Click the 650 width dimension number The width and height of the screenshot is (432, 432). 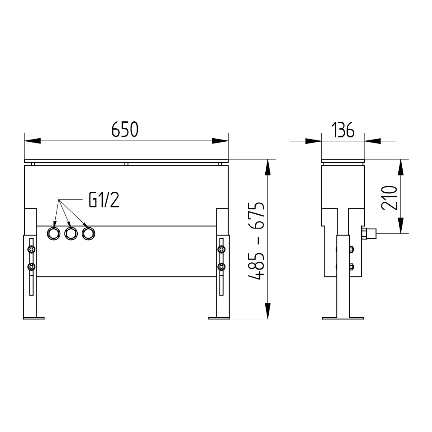click(125, 130)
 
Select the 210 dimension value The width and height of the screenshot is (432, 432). click(389, 198)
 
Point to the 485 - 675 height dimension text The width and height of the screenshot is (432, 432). click(257, 241)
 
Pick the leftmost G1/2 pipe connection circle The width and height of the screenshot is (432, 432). click(54, 234)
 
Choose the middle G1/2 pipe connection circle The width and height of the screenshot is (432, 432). click(71, 234)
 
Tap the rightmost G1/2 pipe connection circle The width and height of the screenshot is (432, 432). click(88, 234)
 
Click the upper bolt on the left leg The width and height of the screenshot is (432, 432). click(32, 250)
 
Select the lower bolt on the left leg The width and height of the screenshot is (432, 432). click(32, 267)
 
